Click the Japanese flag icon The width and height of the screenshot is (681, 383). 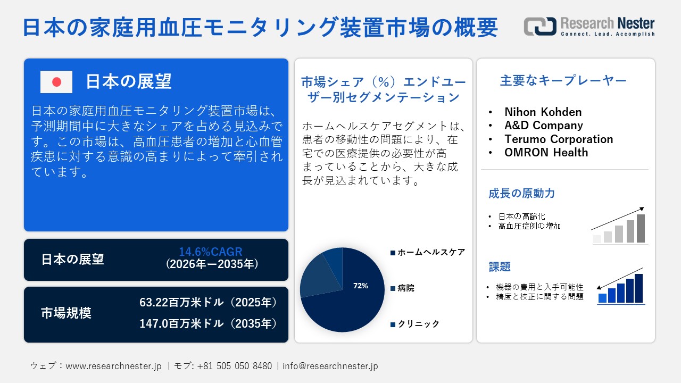click(x=56, y=82)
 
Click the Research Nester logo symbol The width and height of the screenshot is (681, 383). click(x=539, y=27)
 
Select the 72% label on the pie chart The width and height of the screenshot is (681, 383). click(x=360, y=286)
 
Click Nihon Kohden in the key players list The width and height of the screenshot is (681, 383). click(x=543, y=112)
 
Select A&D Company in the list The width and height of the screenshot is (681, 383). click(x=543, y=126)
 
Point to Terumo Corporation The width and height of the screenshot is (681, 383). click(x=559, y=139)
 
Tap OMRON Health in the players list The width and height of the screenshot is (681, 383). click(x=546, y=153)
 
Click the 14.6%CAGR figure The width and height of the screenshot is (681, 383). click(x=210, y=252)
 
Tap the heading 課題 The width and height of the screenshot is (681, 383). click(x=500, y=267)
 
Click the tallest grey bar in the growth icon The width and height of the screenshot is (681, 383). click(x=641, y=228)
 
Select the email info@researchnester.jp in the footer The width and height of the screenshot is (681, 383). click(x=330, y=366)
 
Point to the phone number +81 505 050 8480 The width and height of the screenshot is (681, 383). click(x=234, y=366)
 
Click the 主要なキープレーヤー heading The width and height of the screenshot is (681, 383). click(x=563, y=81)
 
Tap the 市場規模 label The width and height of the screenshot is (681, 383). click(x=66, y=313)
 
